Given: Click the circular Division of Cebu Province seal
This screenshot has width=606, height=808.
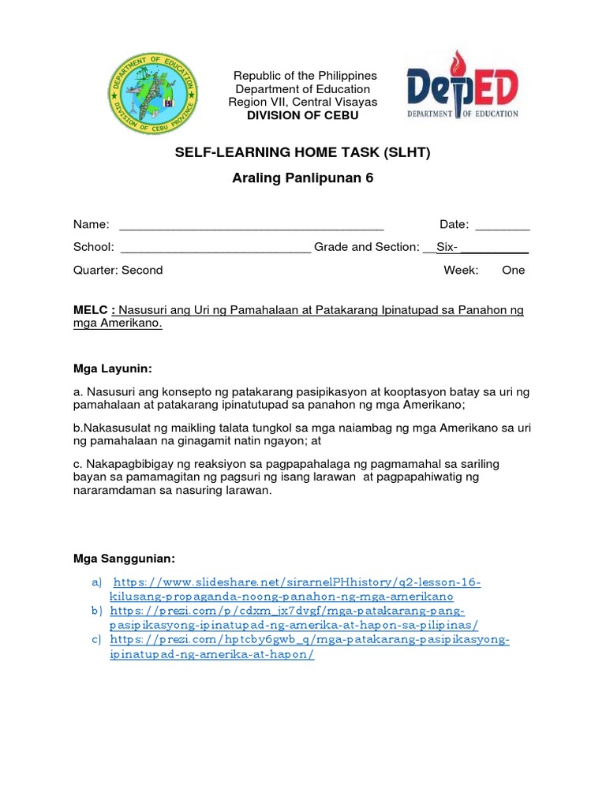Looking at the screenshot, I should coord(154,95).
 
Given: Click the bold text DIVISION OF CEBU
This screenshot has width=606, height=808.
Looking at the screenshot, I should coord(303,115).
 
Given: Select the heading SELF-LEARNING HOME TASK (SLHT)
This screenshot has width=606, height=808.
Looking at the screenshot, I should coord(302,153).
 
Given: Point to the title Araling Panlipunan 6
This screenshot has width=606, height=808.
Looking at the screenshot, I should coord(302,178).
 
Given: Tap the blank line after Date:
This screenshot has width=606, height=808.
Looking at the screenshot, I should coord(502,226).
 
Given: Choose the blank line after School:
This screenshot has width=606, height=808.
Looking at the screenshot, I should coord(215,248).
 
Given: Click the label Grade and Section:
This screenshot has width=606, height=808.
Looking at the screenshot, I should coord(366,247).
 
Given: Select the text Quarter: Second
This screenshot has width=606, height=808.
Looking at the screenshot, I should coord(118,270).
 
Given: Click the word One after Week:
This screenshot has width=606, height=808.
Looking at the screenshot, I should coord(513,270).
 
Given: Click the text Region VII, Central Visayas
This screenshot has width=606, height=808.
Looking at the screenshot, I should coord(303,102).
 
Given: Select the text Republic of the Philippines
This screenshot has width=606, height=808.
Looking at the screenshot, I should coord(305,76).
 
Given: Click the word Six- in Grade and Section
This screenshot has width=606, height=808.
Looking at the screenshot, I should coord(447,247).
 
